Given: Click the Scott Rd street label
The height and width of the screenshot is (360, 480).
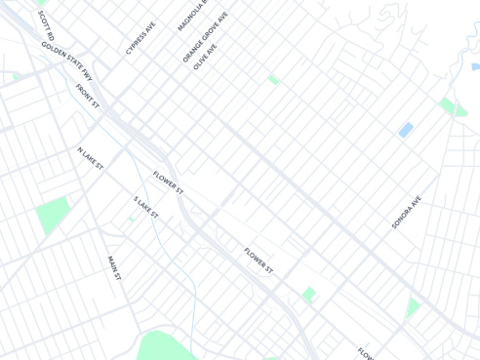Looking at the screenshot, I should coord(46,25).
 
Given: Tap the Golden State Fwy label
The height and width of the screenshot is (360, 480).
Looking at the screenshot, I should coord(66,60).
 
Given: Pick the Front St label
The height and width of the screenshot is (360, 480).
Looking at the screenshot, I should coord(88,95).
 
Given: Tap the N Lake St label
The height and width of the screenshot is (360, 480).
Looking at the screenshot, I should coord(91,158).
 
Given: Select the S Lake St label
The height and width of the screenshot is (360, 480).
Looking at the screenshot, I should coord(145,207).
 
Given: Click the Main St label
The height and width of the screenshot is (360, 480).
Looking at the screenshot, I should coord(114,268).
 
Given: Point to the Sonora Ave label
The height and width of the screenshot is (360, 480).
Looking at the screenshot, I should coord(406,212).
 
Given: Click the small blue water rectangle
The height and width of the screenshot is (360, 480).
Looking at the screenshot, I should coord(406,130).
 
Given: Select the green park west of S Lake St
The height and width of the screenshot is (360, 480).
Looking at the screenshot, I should coord(52,216).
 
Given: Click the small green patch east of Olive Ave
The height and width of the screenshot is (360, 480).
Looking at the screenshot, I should coord(273,79).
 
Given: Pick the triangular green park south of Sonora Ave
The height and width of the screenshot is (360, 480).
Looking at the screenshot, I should coord(413,307).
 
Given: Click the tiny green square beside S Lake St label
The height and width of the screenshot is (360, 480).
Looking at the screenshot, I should coord(132,220).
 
